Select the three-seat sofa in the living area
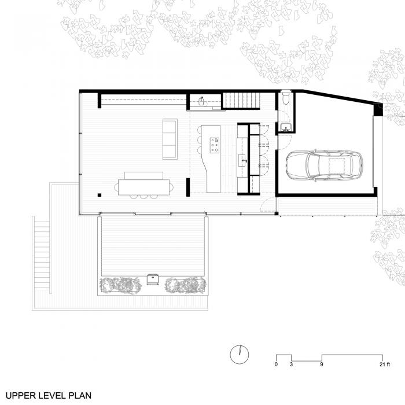pyautogui.click(x=170, y=138)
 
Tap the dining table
pyautogui.click(x=145, y=186)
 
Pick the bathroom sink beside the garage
pyautogui.click(x=284, y=127)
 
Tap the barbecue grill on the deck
pyautogui.click(x=153, y=279)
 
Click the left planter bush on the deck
pyautogui.click(x=120, y=285)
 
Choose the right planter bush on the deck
pyautogui.click(x=185, y=285)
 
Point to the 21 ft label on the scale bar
pyautogui.click(x=384, y=365)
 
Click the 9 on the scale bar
pyautogui.click(x=322, y=365)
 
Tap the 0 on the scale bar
pyautogui.click(x=277, y=365)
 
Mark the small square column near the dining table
pyautogui.click(x=100, y=195)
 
